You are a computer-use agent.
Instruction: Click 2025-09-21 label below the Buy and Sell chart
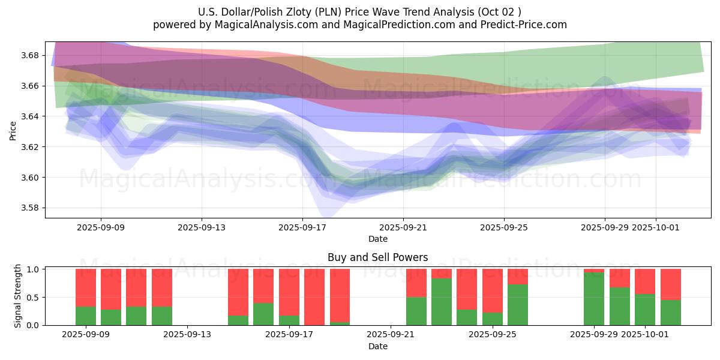(x=391, y=334)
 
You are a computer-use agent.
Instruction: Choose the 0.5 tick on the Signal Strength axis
(x=33, y=298)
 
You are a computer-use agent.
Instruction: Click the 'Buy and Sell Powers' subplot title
(x=377, y=257)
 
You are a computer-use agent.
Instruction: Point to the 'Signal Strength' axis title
(x=18, y=296)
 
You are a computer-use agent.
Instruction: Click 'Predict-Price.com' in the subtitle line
(x=525, y=25)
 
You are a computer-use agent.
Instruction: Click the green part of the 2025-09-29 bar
(x=594, y=299)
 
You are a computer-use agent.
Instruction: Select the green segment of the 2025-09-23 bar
(x=442, y=302)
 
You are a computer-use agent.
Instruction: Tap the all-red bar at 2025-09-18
(x=314, y=297)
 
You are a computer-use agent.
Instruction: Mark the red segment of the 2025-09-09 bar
(x=86, y=287)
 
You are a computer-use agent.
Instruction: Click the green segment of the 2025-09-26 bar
(x=518, y=305)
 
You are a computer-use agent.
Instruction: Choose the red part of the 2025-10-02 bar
(x=671, y=284)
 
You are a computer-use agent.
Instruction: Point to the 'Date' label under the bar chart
(x=377, y=346)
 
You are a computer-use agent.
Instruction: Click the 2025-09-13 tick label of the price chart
(x=201, y=227)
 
